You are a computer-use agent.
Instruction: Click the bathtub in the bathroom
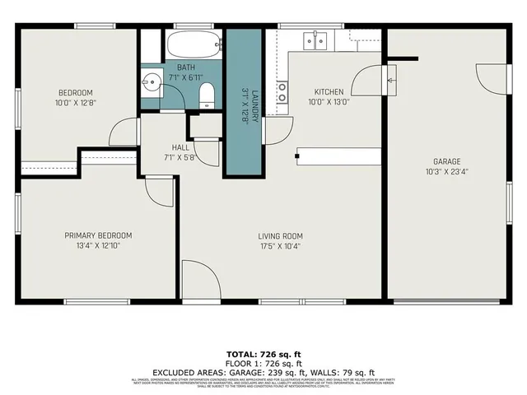point(194,44)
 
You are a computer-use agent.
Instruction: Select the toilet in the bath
point(207,95)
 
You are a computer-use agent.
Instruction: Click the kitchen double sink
point(315,40)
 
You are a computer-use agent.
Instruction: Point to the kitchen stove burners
point(282,92)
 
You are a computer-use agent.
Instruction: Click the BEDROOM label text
point(75,92)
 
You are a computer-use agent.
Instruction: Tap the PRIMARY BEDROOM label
point(98,235)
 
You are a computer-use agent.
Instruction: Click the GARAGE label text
point(446,161)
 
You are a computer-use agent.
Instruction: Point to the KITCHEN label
point(328,92)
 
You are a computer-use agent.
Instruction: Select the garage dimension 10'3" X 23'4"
point(446,171)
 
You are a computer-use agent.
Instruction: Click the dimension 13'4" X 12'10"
point(98,245)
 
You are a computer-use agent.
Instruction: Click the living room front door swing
point(201,280)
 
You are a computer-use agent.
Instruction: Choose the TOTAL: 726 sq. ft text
point(263,353)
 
